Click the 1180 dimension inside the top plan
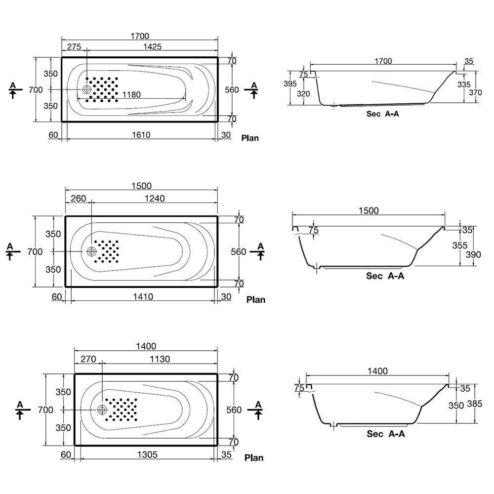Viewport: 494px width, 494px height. pyautogui.click(x=131, y=94)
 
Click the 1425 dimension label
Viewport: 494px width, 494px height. pyautogui.click(x=152, y=46)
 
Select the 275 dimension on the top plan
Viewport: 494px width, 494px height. pyautogui.click(x=74, y=46)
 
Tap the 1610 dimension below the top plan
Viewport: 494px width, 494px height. pyautogui.click(x=141, y=135)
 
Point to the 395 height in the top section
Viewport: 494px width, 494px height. pyautogui.click(x=290, y=83)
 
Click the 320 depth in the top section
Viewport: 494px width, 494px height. pyautogui.click(x=303, y=93)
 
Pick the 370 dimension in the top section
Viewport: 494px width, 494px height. pyautogui.click(x=475, y=92)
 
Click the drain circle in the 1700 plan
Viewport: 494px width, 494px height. pyautogui.click(x=86, y=89)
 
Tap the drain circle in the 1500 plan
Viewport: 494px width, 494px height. pyautogui.click(x=92, y=251)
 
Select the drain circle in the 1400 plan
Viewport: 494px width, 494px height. pyautogui.click(x=102, y=410)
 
